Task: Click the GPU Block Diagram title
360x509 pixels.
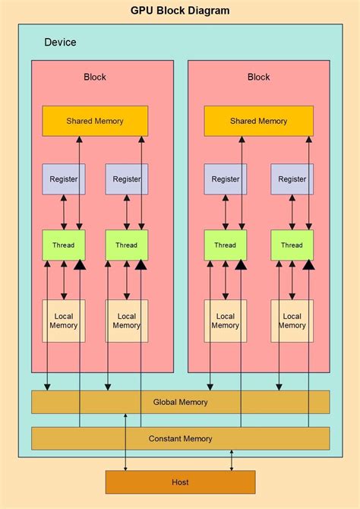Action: (180, 11)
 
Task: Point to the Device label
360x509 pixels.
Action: (60, 43)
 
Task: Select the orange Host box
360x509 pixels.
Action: (180, 482)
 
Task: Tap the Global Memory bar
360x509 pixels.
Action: (180, 402)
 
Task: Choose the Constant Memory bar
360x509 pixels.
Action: (180, 438)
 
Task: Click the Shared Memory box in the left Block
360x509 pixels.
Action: (95, 121)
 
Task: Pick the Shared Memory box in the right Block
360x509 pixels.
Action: (258, 121)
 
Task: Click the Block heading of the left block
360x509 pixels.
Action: (95, 77)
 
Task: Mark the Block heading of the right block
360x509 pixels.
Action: (258, 77)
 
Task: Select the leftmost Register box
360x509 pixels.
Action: (64, 179)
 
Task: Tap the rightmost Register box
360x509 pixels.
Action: (292, 179)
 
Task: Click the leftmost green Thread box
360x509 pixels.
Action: (64, 245)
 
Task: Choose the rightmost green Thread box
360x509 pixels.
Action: (292, 245)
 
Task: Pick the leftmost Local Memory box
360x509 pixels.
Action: (64, 321)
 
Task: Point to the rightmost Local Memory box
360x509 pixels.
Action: (292, 321)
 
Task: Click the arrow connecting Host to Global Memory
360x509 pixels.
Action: (126, 448)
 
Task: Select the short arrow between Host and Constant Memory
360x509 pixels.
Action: (232, 460)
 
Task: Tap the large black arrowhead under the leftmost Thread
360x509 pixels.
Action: (80, 265)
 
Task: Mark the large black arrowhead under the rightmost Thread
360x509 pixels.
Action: (308, 265)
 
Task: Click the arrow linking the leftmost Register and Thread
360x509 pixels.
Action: (64, 212)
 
